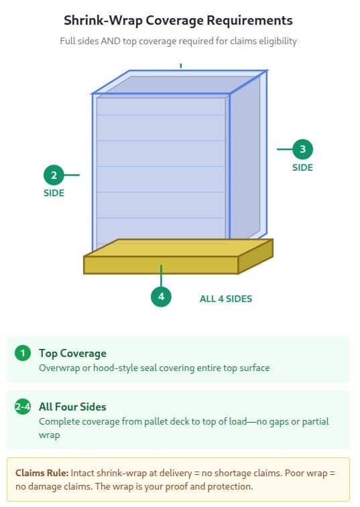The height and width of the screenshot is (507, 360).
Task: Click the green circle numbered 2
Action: pyautogui.click(x=54, y=175)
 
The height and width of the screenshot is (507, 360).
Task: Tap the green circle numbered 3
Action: pyautogui.click(x=303, y=149)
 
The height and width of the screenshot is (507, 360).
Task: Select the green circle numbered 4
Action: pyautogui.click(x=161, y=297)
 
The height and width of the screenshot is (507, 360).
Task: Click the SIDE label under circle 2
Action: pyautogui.click(x=54, y=193)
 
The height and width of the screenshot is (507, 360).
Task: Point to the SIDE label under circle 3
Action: pyautogui.click(x=303, y=167)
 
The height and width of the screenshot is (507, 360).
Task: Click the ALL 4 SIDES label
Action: pyautogui.click(x=226, y=299)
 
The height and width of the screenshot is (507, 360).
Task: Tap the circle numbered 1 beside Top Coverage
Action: pyautogui.click(x=23, y=353)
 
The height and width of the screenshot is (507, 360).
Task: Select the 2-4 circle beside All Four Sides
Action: pyautogui.click(x=23, y=407)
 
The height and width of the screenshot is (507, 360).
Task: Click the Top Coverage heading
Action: pyautogui.click(x=72, y=354)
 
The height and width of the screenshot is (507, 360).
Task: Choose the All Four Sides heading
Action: pyautogui.click(x=72, y=407)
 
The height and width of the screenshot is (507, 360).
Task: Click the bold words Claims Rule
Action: pyautogui.click(x=42, y=473)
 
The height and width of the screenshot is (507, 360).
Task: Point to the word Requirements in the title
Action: pyautogui.click(x=249, y=21)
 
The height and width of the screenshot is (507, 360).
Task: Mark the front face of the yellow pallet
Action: pyautogui.click(x=161, y=265)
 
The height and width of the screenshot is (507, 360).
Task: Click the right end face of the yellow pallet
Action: pyautogui.click(x=256, y=257)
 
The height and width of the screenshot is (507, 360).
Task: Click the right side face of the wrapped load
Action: pyautogui.click(x=248, y=155)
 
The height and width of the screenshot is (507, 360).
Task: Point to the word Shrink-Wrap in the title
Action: pyautogui.click(x=103, y=21)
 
